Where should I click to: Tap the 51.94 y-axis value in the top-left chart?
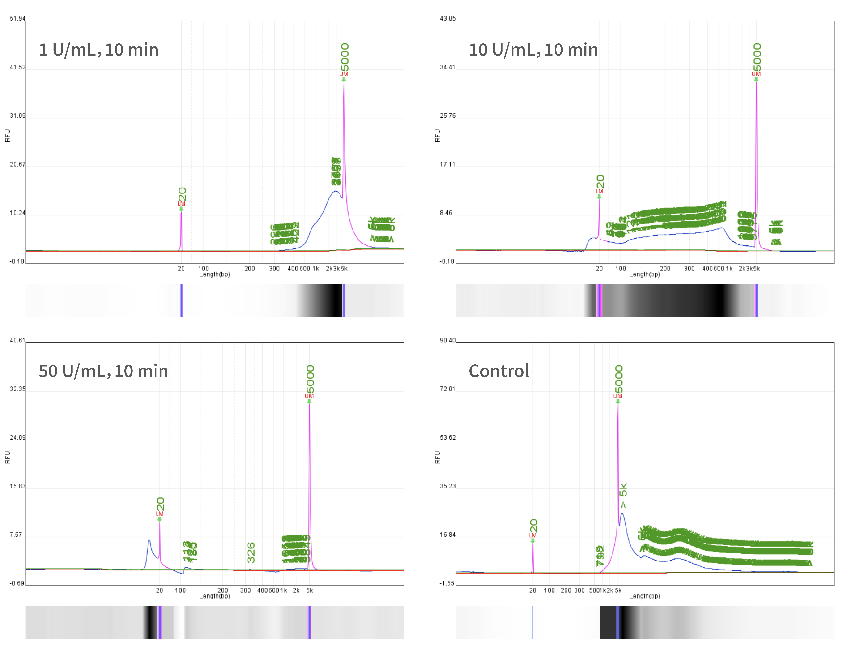click(x=18, y=18)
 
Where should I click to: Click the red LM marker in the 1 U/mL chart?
click(x=181, y=204)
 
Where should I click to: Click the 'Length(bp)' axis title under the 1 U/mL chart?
click(x=214, y=274)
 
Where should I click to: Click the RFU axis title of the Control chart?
click(x=437, y=457)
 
